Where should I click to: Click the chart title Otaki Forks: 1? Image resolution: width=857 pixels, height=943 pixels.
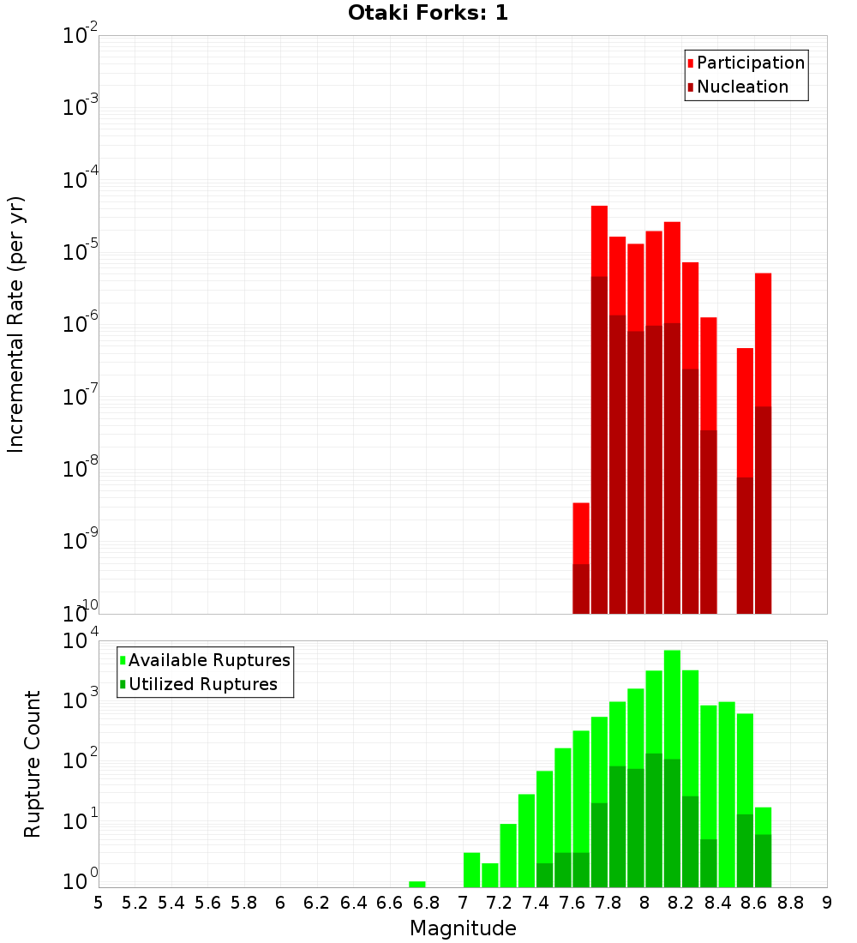[428, 13]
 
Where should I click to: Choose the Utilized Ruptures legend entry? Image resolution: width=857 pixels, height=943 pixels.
[202, 684]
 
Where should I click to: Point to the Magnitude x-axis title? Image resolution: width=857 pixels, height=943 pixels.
[463, 928]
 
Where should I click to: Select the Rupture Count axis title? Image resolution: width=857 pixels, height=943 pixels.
[33, 764]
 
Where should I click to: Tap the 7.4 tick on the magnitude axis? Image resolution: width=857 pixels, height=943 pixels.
[536, 903]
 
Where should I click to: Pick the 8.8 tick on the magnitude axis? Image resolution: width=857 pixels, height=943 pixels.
[791, 903]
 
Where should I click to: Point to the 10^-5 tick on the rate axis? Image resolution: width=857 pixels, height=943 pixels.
[81, 252]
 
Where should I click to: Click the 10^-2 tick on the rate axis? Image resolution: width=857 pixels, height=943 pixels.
[81, 36]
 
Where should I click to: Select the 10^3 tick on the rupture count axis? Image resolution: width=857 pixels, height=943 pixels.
[82, 700]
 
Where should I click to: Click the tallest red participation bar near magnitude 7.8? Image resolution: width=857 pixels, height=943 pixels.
[599, 241]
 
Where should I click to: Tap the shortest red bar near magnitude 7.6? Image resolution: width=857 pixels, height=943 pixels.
[581, 532]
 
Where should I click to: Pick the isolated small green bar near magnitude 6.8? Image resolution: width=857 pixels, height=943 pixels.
[417, 884]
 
